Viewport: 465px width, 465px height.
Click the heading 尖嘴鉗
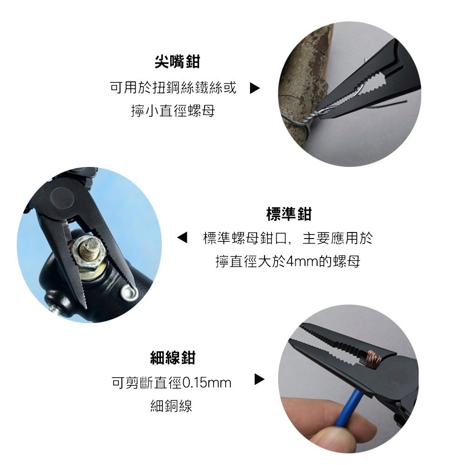pyautogui.click(x=177, y=61)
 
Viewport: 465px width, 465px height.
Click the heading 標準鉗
pyautogui.click(x=288, y=214)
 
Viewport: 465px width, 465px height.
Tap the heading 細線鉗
pyautogui.click(x=173, y=358)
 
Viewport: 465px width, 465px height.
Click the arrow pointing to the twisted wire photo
pyautogui.click(x=254, y=88)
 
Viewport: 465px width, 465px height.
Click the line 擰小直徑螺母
pyautogui.click(x=173, y=112)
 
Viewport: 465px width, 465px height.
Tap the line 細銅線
pyautogui.click(x=172, y=406)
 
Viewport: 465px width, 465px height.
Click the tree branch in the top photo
pyautogui.click(x=302, y=70)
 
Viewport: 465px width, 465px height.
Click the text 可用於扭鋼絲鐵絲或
pyautogui.click(x=173, y=88)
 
